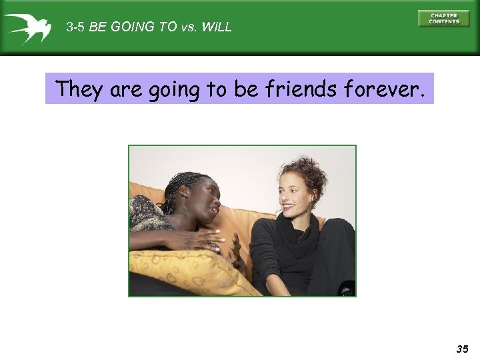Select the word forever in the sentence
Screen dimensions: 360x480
pos(389,89)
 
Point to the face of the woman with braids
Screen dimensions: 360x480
pos(202,206)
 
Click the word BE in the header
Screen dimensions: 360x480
pos(98,28)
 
